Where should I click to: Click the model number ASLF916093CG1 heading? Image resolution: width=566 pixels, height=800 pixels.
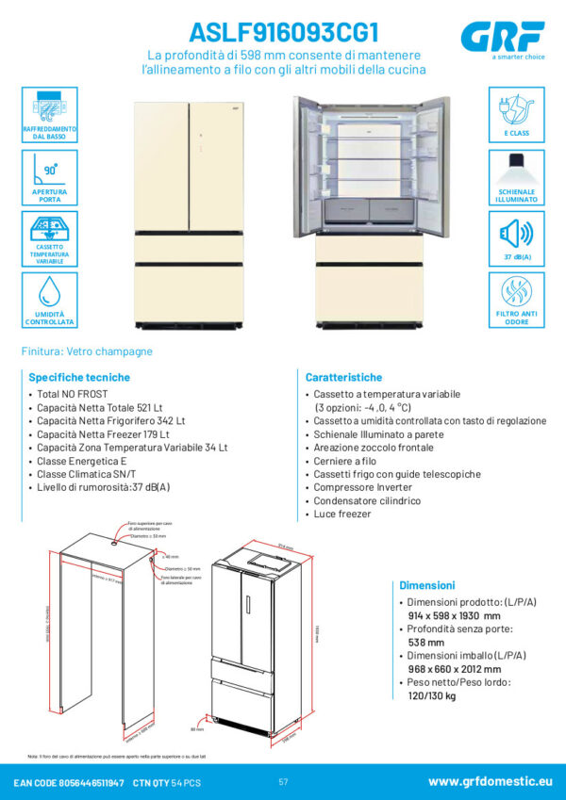click(284, 32)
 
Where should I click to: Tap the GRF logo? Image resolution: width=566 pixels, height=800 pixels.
click(503, 38)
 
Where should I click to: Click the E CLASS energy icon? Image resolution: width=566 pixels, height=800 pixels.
click(516, 108)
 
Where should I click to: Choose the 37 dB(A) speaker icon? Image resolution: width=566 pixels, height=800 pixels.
click(516, 233)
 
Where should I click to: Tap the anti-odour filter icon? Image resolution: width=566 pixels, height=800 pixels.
click(516, 295)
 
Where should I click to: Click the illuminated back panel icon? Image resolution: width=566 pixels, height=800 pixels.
click(516, 171)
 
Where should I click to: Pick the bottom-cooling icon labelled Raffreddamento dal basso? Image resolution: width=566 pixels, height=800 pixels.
click(49, 107)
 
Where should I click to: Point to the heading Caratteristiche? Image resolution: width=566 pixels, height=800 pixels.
click(343, 376)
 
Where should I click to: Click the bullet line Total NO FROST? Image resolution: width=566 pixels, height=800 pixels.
click(73, 393)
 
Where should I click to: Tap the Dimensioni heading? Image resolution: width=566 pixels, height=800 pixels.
click(426, 585)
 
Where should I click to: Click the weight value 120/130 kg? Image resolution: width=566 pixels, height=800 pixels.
click(431, 696)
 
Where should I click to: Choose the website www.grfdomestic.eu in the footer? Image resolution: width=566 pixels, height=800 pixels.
click(490, 782)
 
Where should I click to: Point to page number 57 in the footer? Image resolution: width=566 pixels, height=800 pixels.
click(283, 782)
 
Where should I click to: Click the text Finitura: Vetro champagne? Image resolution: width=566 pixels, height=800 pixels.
click(87, 351)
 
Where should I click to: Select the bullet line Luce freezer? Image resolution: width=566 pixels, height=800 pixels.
click(342, 514)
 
